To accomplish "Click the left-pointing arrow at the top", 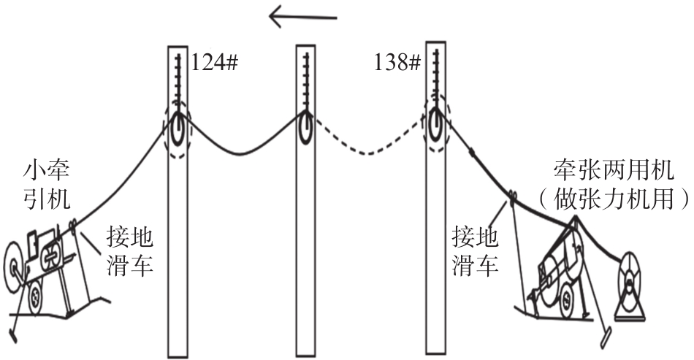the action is (x=303, y=18).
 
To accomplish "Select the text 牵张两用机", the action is (x=614, y=170).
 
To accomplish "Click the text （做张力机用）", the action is (x=614, y=198).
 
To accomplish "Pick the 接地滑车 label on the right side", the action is (x=475, y=252).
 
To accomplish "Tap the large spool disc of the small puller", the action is (x=14, y=264).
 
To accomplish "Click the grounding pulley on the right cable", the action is (x=512, y=197).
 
